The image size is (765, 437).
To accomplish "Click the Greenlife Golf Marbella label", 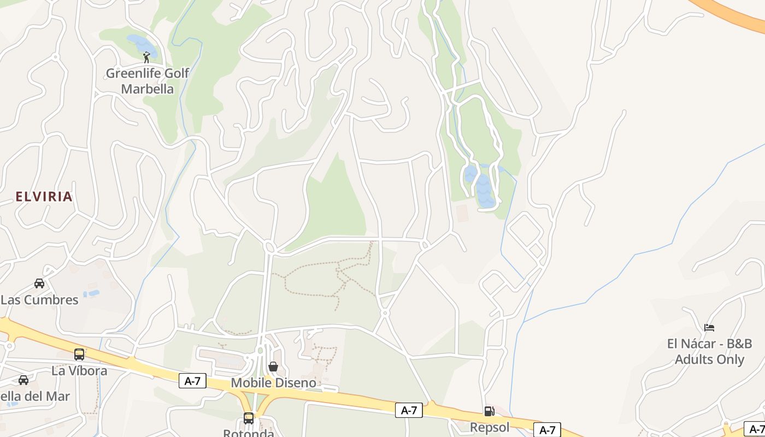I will (x=147, y=81).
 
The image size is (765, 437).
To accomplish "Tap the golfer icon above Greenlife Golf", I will (x=146, y=57).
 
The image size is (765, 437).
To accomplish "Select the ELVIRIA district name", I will (x=44, y=197).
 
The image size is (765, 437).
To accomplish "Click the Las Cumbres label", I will (x=40, y=300).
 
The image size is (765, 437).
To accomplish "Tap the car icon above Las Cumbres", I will (x=39, y=283).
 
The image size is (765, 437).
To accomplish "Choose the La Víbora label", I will (x=79, y=371).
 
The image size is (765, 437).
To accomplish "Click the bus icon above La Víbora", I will (x=79, y=355).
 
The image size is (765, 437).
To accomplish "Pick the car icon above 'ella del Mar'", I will (x=23, y=380).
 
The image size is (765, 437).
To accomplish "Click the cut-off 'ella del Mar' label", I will (x=35, y=397).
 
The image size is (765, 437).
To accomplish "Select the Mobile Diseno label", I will (x=273, y=383).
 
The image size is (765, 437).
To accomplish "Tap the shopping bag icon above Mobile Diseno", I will (x=273, y=367).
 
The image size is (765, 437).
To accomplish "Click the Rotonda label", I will (x=249, y=433).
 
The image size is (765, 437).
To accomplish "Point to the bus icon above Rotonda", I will (x=249, y=418).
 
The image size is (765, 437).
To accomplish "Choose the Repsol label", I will (x=490, y=427).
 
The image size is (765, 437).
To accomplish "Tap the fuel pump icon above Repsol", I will (x=489, y=411).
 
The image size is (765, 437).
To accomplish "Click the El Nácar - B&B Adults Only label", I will (x=709, y=351).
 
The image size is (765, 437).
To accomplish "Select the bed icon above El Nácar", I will (x=709, y=328).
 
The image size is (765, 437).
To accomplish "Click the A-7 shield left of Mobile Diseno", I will (x=192, y=381).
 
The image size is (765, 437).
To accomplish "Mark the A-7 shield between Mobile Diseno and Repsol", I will (x=409, y=410).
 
